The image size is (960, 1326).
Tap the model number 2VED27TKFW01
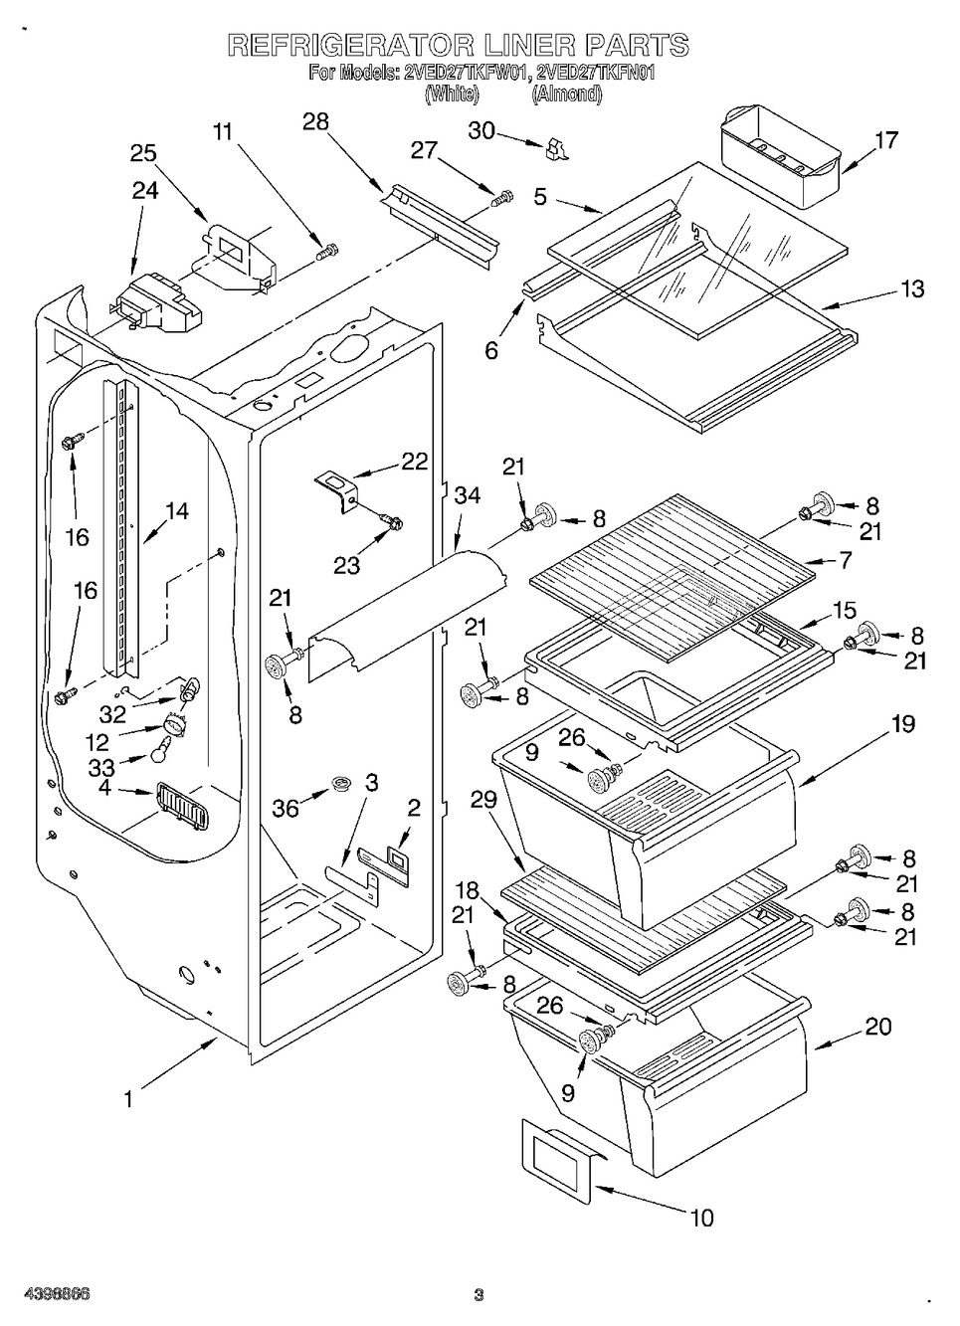point(465,72)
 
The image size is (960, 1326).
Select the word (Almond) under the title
point(566,95)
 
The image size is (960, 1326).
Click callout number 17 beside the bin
point(884,140)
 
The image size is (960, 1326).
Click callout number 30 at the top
point(481,131)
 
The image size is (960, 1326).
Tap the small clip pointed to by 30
point(555,149)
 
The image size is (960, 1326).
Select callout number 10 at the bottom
point(701,1217)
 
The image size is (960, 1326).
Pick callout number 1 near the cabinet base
point(127,1099)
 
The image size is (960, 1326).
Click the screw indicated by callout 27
point(501,199)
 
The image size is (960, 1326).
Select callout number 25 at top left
point(143,153)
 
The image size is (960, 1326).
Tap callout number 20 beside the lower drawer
point(878,1027)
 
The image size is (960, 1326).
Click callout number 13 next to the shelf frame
point(912,288)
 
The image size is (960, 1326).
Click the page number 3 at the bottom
point(479,1294)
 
